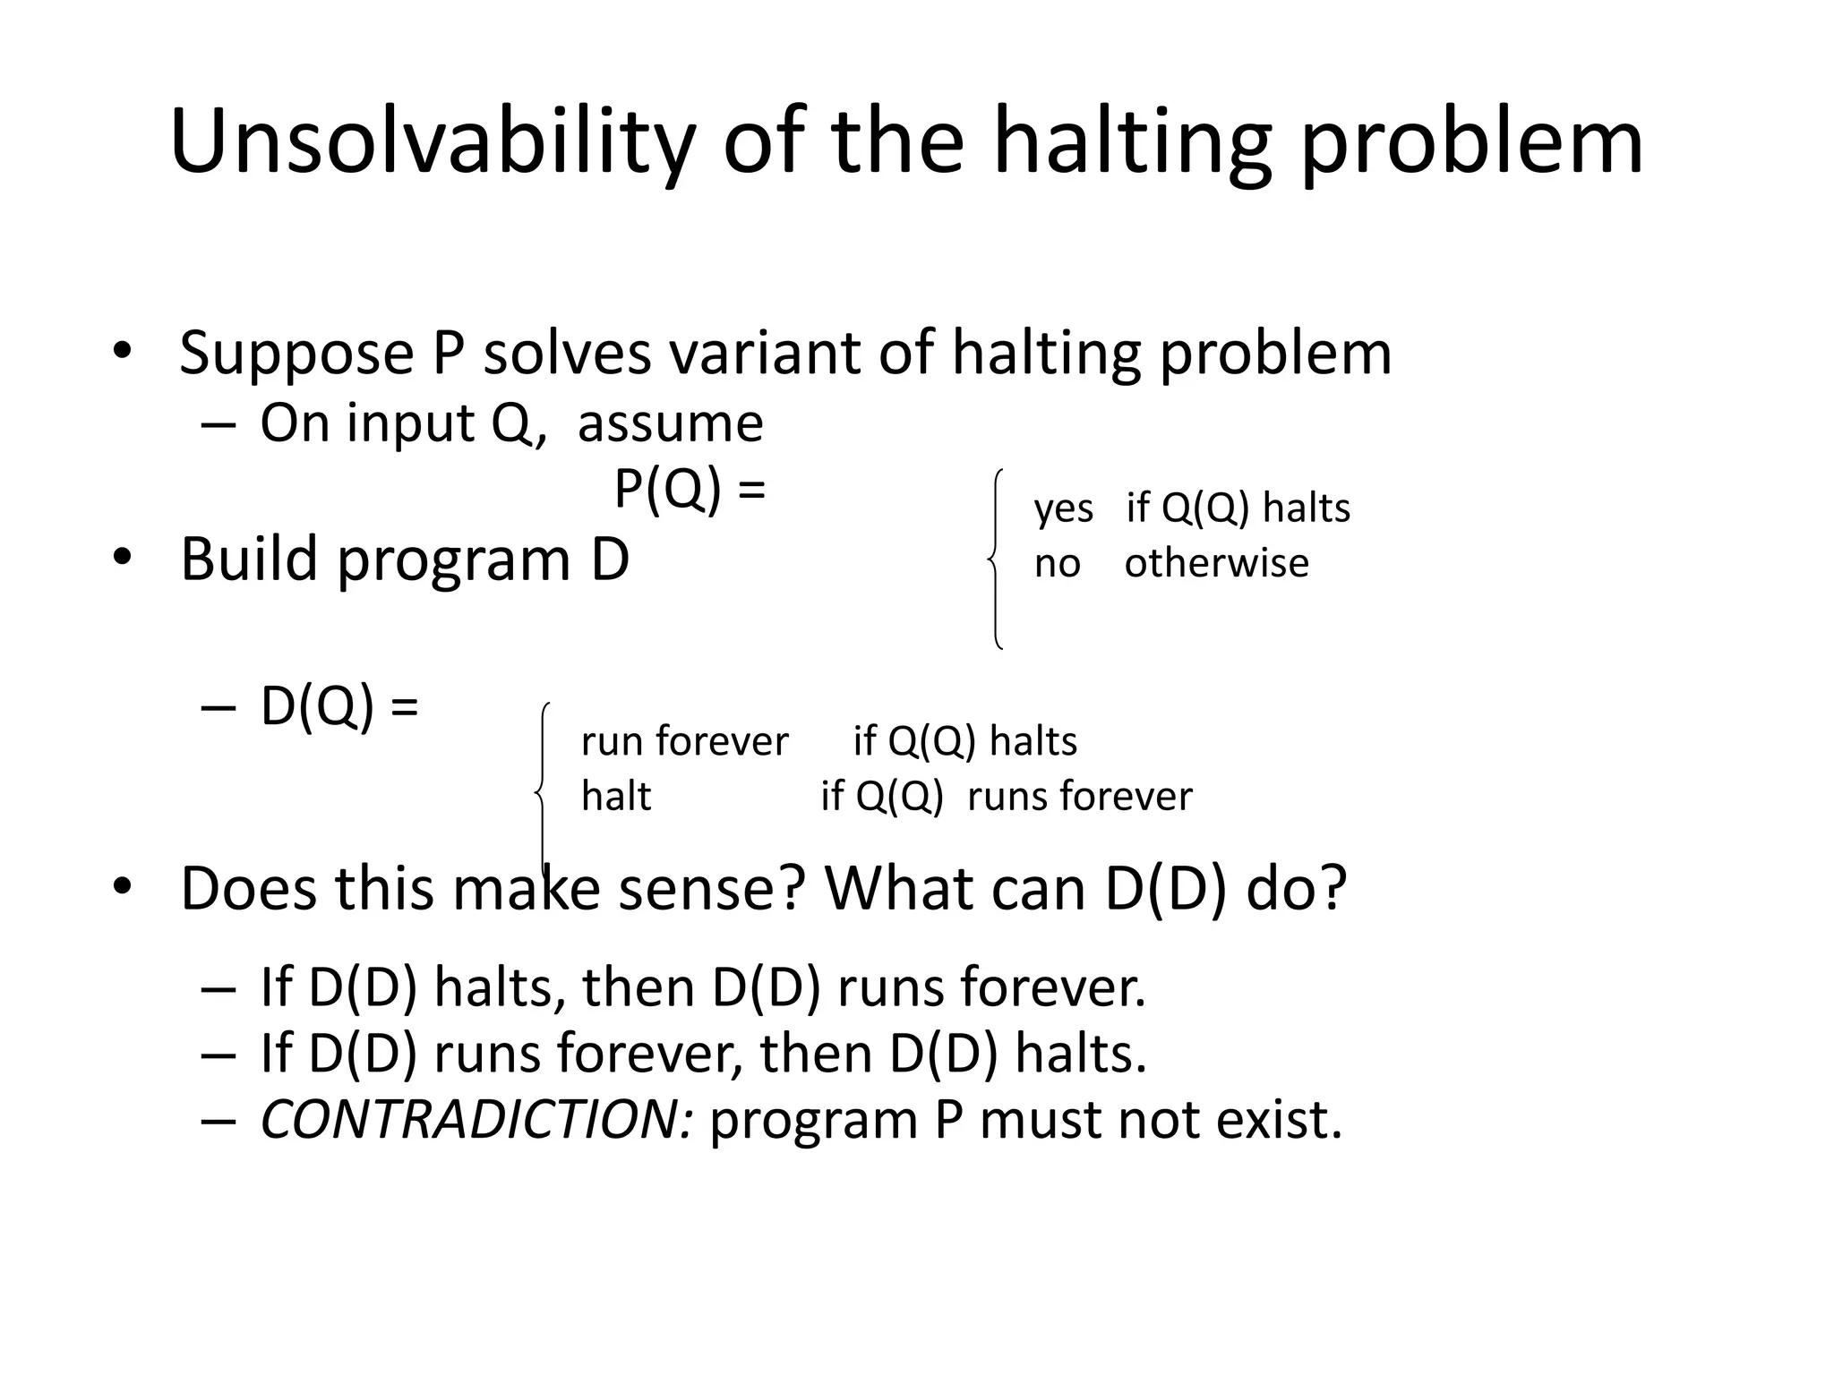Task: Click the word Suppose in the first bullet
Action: [296, 354]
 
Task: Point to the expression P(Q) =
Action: [689, 490]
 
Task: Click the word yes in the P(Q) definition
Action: [1063, 509]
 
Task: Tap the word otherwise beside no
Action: [1216, 563]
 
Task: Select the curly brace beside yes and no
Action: [996, 559]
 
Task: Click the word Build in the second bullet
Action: [248, 559]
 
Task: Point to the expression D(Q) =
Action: [339, 706]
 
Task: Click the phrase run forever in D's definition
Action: [684, 741]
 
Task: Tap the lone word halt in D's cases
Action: [615, 796]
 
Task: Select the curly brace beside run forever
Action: [542, 788]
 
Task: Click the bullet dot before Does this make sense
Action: [123, 887]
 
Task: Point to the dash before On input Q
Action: [219, 424]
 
